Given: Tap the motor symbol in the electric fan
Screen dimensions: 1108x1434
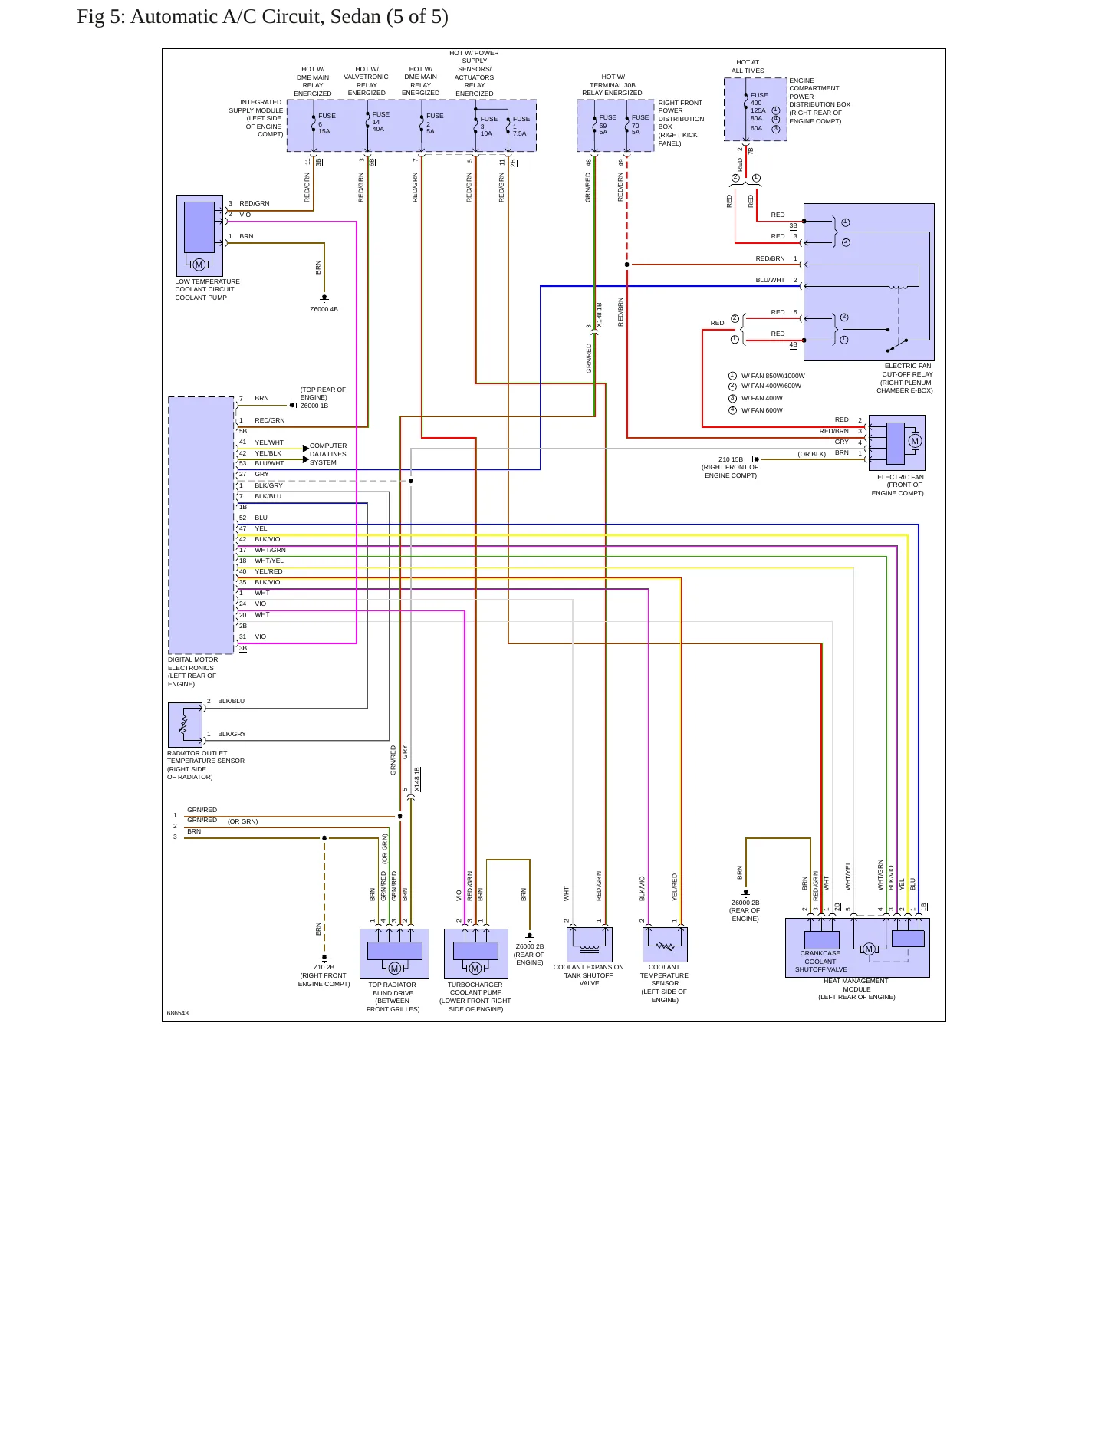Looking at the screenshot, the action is [914, 441].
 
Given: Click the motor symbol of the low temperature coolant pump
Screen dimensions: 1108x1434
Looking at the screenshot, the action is [199, 265].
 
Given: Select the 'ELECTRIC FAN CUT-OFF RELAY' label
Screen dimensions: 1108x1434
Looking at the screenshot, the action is [906, 378].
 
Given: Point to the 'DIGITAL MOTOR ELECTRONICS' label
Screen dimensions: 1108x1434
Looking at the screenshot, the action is [192, 672].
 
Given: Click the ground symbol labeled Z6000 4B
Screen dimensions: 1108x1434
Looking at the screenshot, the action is [324, 298].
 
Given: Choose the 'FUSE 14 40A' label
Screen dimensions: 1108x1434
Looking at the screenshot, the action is [380, 121].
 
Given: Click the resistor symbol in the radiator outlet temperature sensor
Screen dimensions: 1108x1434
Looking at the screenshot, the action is [183, 725].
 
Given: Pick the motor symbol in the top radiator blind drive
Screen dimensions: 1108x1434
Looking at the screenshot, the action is [394, 969].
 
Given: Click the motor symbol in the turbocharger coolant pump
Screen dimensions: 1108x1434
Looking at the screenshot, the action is [475, 969].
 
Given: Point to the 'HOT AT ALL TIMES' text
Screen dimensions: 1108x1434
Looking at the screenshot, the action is [748, 67].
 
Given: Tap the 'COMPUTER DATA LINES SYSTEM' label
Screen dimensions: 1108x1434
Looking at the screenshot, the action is [328, 454].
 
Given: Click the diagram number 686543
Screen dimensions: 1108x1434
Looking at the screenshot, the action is [177, 1013].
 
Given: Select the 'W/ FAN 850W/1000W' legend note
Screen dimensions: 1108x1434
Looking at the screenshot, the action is [773, 376].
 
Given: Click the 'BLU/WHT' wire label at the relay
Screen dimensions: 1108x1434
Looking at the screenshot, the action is [770, 280].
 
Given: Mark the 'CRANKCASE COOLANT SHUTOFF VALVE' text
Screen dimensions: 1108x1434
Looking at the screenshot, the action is [820, 962].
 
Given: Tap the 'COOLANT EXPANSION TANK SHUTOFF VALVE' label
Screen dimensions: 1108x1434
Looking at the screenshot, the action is [589, 975].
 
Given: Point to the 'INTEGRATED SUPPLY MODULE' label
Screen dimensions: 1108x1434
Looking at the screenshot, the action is [256, 118].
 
